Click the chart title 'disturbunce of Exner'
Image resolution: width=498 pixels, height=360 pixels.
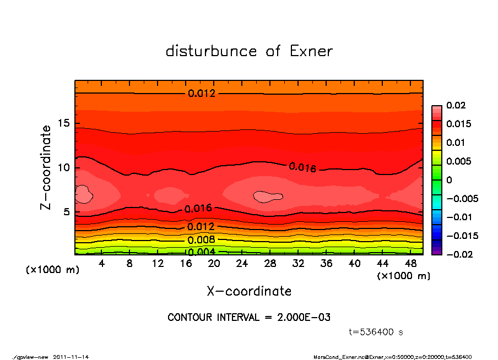(249, 51)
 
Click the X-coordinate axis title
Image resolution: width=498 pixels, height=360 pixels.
(249, 291)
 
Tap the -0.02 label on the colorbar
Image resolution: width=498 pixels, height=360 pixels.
(458, 254)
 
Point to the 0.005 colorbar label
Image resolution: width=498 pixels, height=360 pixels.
(458, 161)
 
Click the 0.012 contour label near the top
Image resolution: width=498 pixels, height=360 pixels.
(202, 94)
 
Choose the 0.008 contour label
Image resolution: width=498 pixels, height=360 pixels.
(202, 240)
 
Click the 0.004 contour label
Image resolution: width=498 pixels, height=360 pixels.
(202, 252)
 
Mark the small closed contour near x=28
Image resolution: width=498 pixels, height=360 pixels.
(268, 197)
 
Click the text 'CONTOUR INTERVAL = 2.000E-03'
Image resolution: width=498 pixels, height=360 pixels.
(249, 318)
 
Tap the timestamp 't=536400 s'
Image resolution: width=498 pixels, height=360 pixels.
(376, 332)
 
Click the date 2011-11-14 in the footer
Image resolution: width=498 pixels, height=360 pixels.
(71, 357)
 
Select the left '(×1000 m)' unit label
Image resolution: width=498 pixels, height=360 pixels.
(51, 270)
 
